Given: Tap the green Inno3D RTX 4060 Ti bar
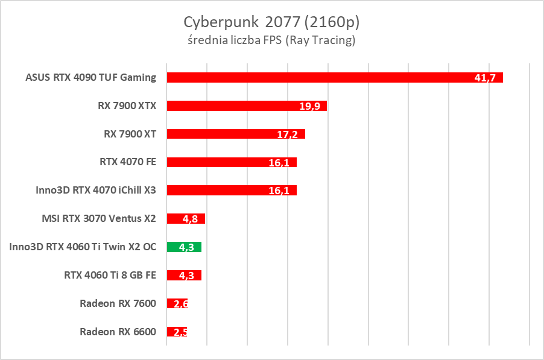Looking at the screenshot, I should [x=184, y=247].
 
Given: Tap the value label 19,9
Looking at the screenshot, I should [x=309, y=106].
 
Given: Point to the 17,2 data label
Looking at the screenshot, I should [x=288, y=134].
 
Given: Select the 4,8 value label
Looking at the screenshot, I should [x=190, y=219].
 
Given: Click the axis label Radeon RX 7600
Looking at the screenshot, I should [x=118, y=303].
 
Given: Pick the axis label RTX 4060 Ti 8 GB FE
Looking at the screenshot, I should [x=110, y=275].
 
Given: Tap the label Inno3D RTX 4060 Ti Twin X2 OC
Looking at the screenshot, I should [x=83, y=247].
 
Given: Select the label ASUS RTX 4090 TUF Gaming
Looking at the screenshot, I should [x=90, y=77].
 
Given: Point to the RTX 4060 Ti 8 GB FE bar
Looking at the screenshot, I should [x=184, y=275].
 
